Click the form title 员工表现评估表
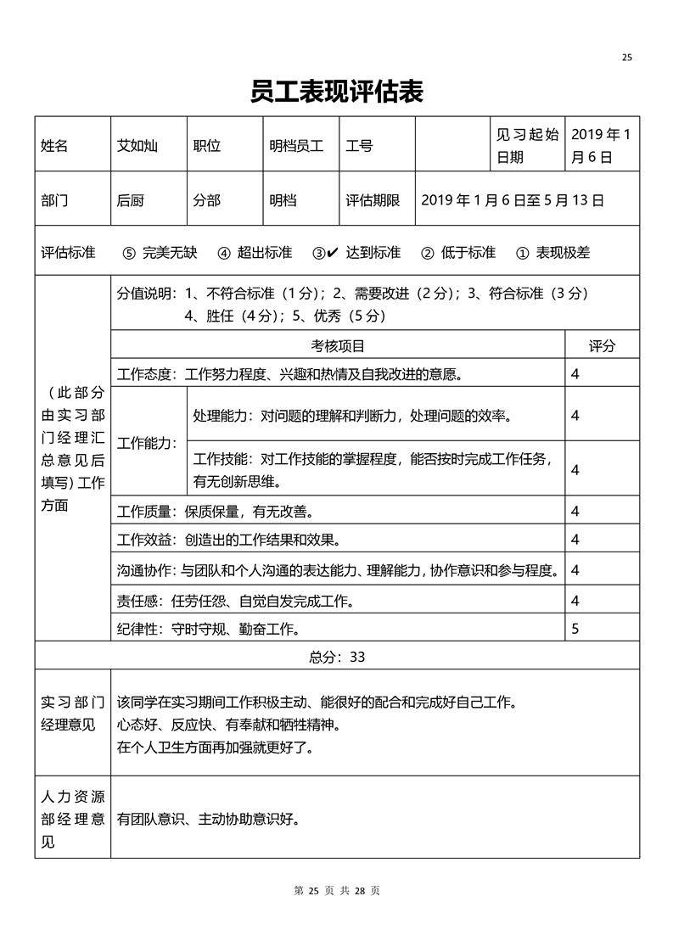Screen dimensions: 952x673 coord(336,92)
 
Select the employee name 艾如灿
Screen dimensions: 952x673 coord(137,146)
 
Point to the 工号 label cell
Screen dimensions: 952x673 coord(359,146)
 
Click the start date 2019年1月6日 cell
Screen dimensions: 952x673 coord(601,146)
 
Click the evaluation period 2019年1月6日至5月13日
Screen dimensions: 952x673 coord(512,201)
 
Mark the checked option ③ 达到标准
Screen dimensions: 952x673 coord(356,253)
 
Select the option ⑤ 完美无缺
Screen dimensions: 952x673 coord(160,253)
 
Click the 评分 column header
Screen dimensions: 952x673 coord(602,346)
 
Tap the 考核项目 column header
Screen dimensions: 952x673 coord(338,346)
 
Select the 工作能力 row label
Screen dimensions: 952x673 coord(147,443)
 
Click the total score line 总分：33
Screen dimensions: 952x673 coord(337,657)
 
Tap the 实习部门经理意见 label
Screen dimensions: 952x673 coord(72,714)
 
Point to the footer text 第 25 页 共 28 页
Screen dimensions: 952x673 coord(336,891)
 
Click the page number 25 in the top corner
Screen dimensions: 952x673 coord(626,58)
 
